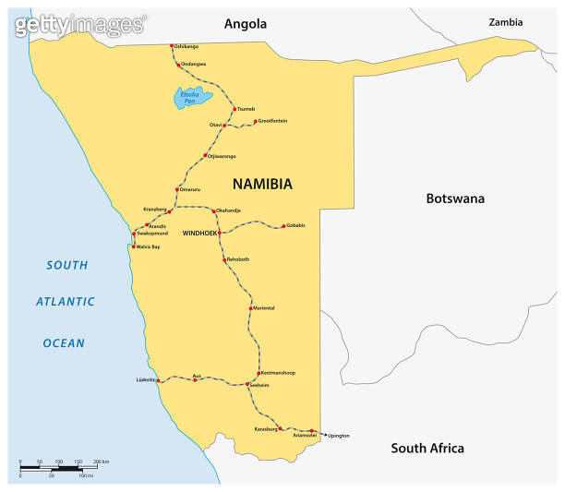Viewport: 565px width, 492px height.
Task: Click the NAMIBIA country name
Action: pyautogui.click(x=262, y=184)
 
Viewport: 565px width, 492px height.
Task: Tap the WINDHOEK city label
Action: pyautogui.click(x=199, y=233)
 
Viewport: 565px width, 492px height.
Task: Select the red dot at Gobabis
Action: pyautogui.click(x=283, y=226)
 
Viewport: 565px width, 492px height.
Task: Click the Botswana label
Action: pyautogui.click(x=454, y=198)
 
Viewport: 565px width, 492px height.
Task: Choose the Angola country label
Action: pyautogui.click(x=245, y=24)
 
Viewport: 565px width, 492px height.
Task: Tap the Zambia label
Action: pyautogui.click(x=506, y=21)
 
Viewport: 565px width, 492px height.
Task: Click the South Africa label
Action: pyautogui.click(x=427, y=449)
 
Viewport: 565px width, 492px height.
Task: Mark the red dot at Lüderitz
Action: pyautogui.click(x=161, y=380)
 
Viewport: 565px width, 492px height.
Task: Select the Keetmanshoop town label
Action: pyautogui.click(x=277, y=372)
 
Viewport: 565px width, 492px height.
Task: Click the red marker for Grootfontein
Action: pyautogui.click(x=255, y=121)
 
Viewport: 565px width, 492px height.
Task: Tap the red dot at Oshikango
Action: pyautogui.click(x=172, y=46)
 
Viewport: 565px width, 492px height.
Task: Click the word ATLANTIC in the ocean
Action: pyautogui.click(x=66, y=302)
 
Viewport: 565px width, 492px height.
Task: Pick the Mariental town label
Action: pyautogui.click(x=264, y=307)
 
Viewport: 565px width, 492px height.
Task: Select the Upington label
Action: pyautogui.click(x=338, y=435)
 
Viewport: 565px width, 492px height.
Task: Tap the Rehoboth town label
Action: pyautogui.click(x=238, y=259)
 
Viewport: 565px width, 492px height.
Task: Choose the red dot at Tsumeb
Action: pyautogui.click(x=234, y=109)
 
